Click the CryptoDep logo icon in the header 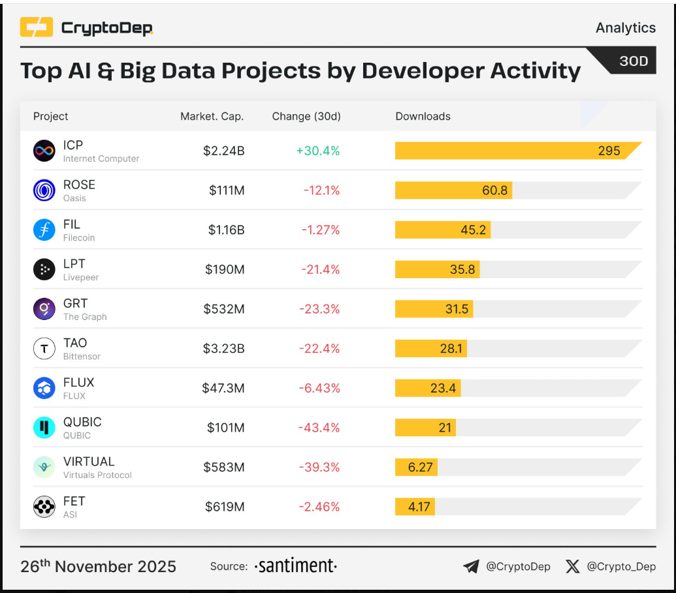[36, 27]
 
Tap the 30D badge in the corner [633, 61]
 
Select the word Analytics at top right [625, 27]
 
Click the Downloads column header [423, 116]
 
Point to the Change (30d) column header [306, 116]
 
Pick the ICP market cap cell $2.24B [223, 151]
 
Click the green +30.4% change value [317, 151]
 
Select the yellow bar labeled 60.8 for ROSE [453, 191]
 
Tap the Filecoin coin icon [44, 230]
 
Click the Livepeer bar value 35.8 [462, 270]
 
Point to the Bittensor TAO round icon [44, 349]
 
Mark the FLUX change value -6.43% [319, 389]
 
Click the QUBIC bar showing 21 [425, 428]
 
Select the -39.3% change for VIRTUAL [319, 468]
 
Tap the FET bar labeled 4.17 [415, 507]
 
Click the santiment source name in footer [295, 566]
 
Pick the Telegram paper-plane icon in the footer [471, 566]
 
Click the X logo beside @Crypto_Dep [572, 566]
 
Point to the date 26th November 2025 [98, 566]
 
